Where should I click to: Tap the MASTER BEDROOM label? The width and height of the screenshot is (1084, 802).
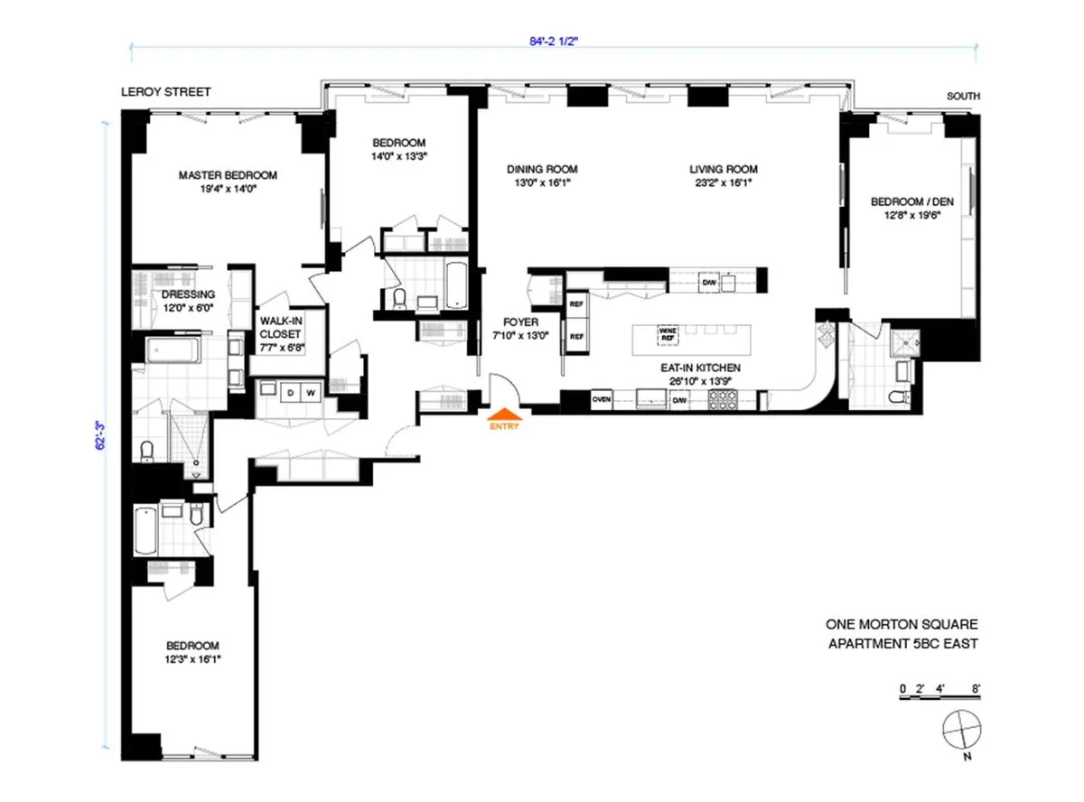click(x=228, y=175)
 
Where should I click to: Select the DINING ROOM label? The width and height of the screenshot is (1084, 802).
click(x=542, y=169)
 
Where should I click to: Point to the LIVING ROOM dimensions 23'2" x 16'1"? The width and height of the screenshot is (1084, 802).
click(x=724, y=182)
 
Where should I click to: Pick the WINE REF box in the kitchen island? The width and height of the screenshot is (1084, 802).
click(x=668, y=333)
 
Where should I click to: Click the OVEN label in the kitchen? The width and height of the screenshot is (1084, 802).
click(x=603, y=398)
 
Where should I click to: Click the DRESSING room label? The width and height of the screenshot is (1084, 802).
click(x=189, y=294)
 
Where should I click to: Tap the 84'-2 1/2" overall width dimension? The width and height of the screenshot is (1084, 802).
click(x=552, y=39)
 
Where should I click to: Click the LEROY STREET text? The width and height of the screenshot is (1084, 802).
click(x=166, y=91)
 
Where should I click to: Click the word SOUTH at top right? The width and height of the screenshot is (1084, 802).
click(x=963, y=96)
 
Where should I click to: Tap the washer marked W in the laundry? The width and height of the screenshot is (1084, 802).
click(x=309, y=393)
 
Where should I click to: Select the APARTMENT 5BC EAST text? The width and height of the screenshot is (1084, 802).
click(x=903, y=644)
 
